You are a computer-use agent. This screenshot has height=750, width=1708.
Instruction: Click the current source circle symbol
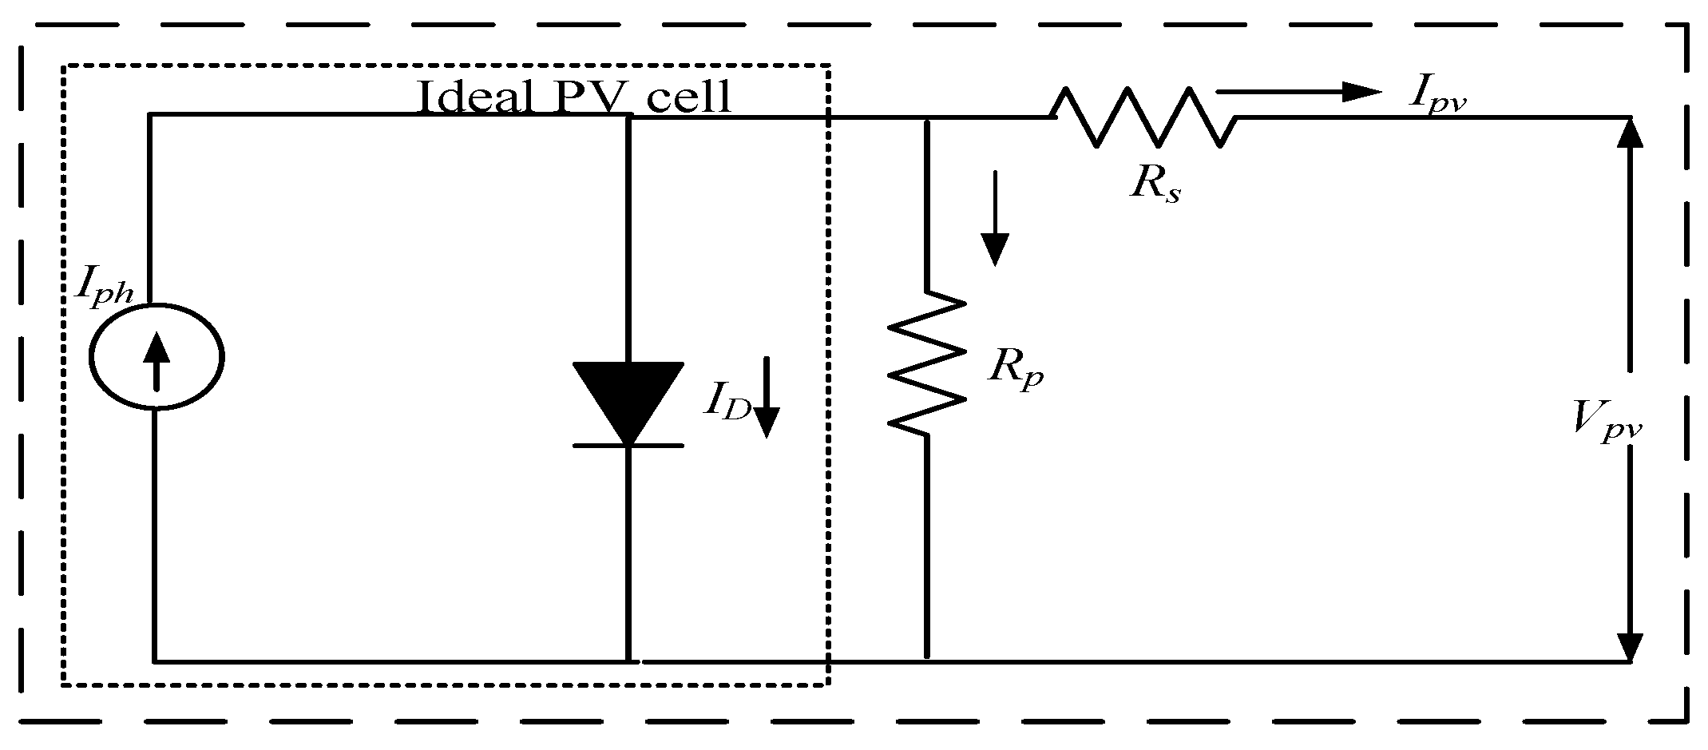156,357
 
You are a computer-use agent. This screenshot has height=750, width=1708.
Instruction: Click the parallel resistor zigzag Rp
926,363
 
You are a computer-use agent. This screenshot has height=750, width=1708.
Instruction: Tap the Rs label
1155,184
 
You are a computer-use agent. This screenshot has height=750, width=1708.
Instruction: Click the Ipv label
1437,95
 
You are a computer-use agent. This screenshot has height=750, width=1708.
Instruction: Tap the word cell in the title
689,97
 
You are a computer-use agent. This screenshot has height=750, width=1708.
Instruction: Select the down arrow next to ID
766,397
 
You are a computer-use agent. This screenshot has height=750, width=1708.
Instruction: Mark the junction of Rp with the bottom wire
926,661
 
